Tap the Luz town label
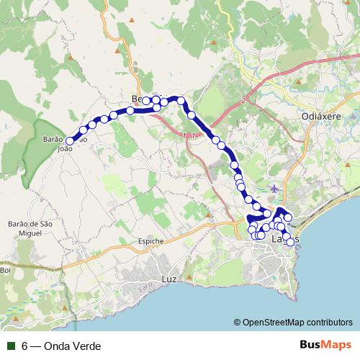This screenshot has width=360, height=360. tap(169, 276)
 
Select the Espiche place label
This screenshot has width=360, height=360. tap(150, 240)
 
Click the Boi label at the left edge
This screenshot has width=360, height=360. tap(6, 270)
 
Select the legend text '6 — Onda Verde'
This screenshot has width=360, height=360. tap(61, 346)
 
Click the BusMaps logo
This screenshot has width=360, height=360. tap(325, 346)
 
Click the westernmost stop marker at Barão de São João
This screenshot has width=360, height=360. tap(71, 141)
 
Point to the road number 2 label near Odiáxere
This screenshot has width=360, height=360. tap(244, 100)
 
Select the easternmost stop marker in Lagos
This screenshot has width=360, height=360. tap(290, 242)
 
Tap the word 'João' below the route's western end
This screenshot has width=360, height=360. tap(66, 150)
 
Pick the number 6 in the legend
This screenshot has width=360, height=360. tap(25, 346)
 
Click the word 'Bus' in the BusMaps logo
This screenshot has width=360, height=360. tap(312, 346)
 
